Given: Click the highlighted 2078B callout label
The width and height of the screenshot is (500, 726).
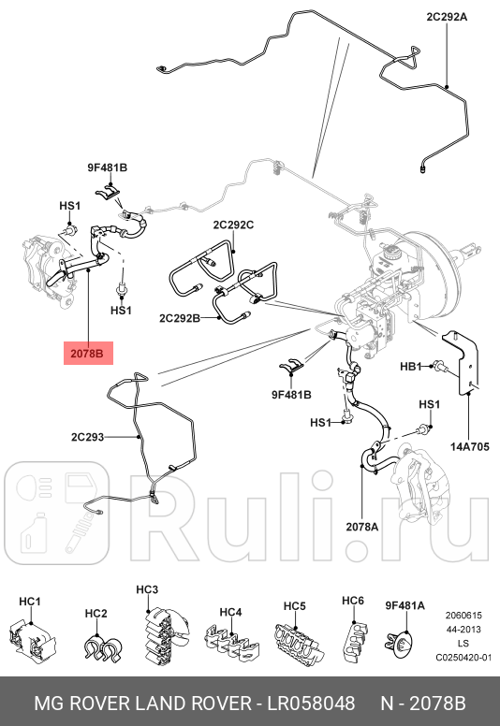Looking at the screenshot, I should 90,354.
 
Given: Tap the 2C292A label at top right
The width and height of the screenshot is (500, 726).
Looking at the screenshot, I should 446,16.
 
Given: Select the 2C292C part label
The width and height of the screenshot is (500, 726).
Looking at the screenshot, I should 233,225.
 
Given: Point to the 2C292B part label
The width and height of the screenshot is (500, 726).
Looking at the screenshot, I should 179,319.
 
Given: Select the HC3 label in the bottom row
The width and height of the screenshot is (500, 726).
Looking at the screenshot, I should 147,589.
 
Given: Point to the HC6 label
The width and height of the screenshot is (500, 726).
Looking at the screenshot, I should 352,600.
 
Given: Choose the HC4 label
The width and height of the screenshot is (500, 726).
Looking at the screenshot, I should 231,612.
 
